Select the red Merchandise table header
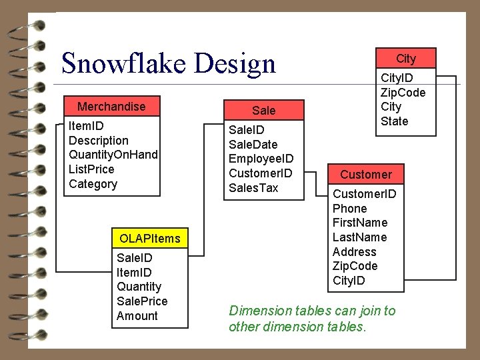click(111, 107)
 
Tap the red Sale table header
click(263, 110)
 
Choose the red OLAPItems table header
click(149, 238)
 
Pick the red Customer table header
click(366, 175)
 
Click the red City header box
click(406, 59)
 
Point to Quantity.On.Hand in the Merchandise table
click(113, 155)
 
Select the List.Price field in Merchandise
click(91, 169)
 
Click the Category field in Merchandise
click(93, 184)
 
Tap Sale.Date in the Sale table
click(253, 144)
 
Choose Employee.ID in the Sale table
click(261, 159)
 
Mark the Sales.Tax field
click(253, 188)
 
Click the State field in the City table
click(394, 121)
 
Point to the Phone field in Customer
click(349, 208)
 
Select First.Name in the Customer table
click(360, 223)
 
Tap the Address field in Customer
click(354, 252)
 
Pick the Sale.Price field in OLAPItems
click(142, 301)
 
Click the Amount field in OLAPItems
click(137, 316)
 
